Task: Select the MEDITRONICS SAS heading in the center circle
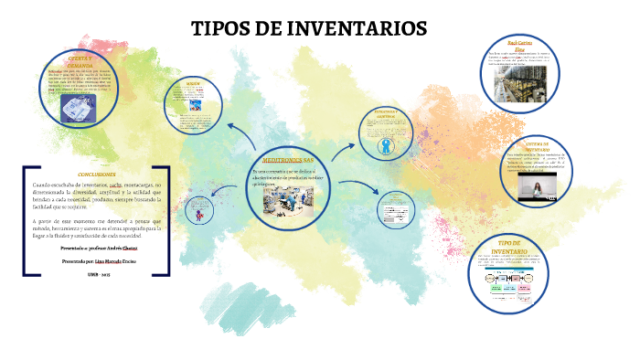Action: click(x=287, y=160)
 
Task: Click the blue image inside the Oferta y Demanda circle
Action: click(x=79, y=110)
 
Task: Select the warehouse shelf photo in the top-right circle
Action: click(x=517, y=85)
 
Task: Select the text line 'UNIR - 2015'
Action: click(x=97, y=274)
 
